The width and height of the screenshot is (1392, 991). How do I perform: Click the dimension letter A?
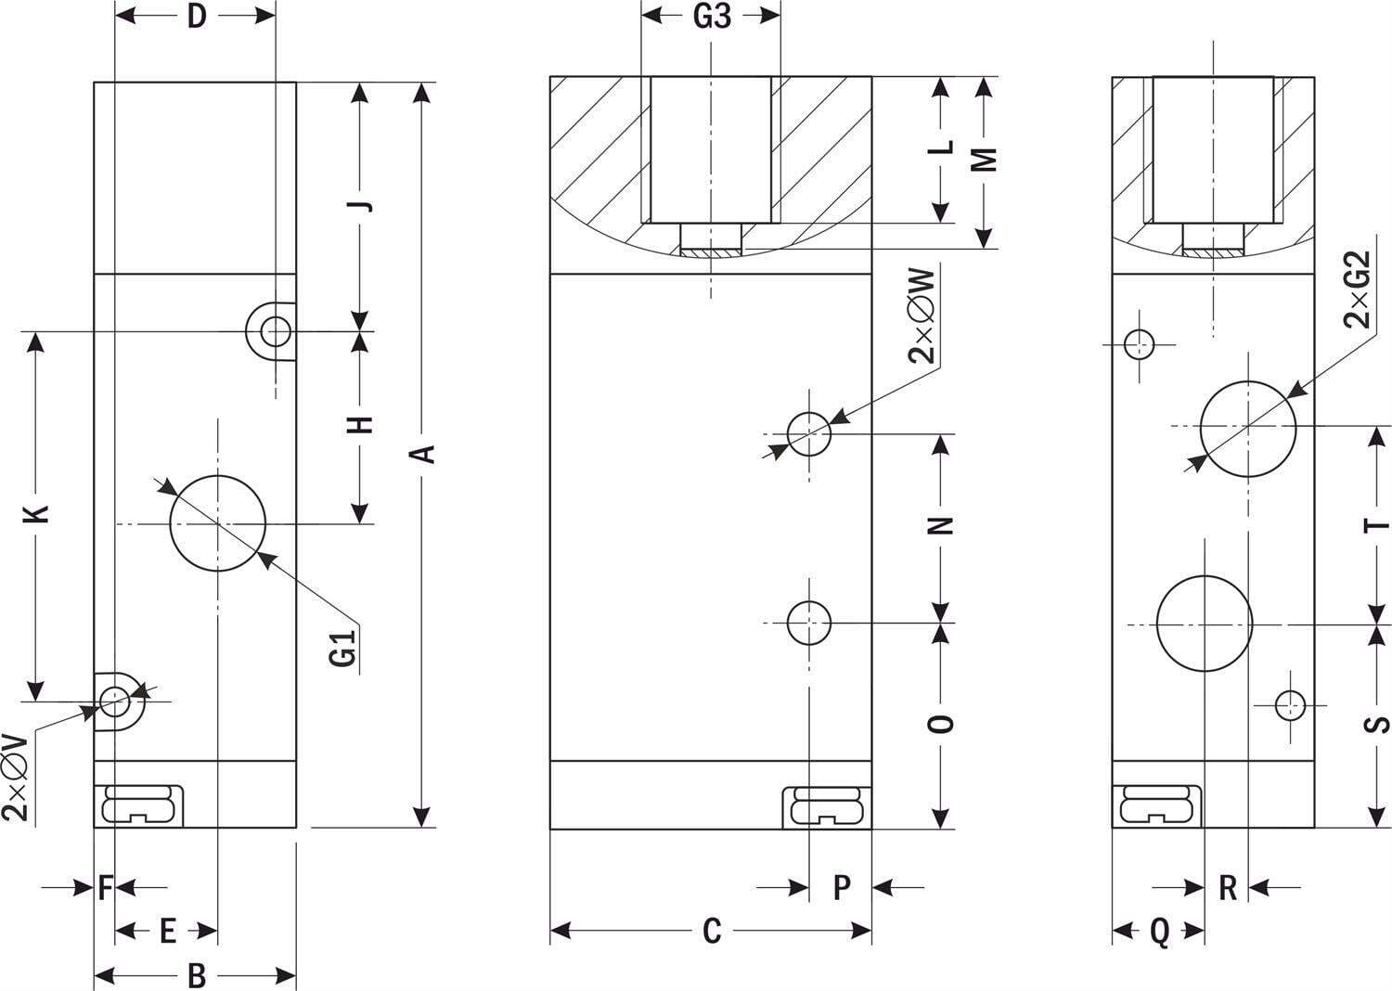(x=424, y=454)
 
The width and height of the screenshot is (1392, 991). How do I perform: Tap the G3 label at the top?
(x=712, y=17)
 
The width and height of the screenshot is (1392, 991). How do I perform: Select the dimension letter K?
(x=36, y=514)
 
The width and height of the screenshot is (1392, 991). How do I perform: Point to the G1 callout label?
(x=343, y=648)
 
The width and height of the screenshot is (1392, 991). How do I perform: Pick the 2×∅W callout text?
(x=921, y=315)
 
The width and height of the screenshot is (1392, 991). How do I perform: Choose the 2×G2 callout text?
(x=1357, y=290)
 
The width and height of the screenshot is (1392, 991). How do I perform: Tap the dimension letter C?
(x=712, y=931)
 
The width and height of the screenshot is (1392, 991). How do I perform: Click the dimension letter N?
(x=941, y=526)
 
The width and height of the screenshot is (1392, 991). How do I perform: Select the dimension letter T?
(x=1377, y=525)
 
